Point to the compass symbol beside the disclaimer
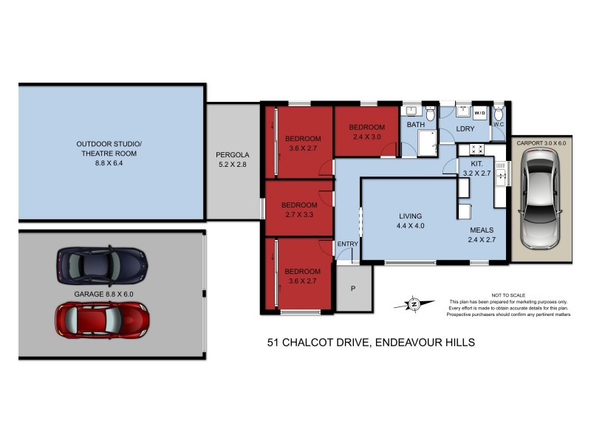[414, 303]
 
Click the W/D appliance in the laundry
[480, 113]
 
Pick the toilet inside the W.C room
[499, 114]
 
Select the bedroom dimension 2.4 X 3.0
[367, 137]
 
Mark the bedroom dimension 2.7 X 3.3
[299, 215]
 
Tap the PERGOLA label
[233, 155]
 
